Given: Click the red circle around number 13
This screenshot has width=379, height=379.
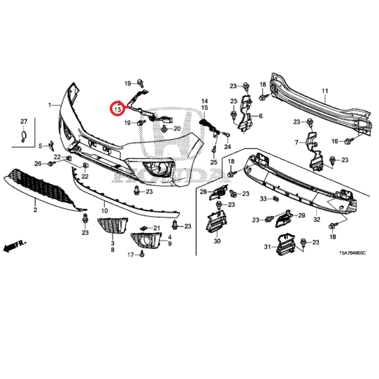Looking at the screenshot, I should point(117,107).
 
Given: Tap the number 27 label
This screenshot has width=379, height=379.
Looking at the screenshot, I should point(24,121).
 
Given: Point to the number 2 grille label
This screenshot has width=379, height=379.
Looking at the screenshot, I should point(35,209).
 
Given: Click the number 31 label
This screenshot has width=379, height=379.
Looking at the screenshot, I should point(267,246).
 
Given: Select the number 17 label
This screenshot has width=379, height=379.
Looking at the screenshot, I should point(131,255).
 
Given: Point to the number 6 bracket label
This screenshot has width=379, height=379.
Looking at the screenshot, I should point(260,116).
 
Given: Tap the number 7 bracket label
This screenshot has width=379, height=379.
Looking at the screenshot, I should point(297,143).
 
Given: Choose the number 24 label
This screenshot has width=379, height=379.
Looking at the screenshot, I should point(228,147).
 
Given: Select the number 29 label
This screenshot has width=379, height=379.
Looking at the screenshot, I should point(301,216).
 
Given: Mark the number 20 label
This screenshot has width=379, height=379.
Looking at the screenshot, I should point(177,129).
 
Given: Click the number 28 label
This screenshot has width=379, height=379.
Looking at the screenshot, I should point(203,191).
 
